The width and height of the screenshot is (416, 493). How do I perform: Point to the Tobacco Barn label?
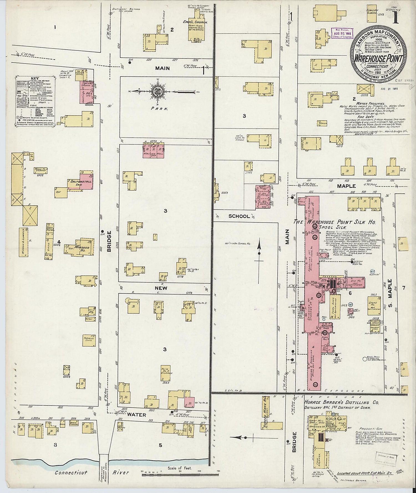tap(88, 339)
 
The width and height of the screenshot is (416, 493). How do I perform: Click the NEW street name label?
tap(161, 288)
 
